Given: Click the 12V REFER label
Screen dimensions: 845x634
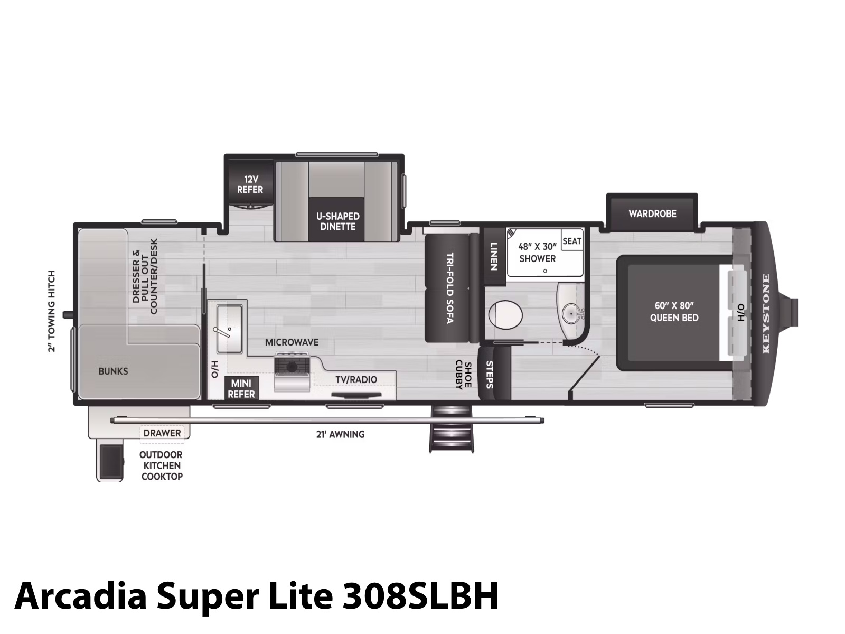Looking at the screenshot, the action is [250, 184].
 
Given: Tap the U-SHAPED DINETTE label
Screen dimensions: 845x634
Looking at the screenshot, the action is [337, 221].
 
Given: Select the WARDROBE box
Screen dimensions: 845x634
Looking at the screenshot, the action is [652, 213].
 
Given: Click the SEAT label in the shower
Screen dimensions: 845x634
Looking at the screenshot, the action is [571, 241].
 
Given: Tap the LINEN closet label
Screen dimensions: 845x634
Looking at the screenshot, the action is [494, 256].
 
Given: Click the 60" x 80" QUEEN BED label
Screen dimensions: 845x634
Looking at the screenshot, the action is [674, 311].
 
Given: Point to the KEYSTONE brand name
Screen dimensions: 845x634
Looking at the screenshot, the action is [766, 313].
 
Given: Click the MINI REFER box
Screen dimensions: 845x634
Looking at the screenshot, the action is [241, 388].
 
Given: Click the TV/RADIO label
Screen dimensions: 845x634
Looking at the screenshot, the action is [356, 379].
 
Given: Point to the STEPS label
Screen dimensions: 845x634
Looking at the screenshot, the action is [489, 375].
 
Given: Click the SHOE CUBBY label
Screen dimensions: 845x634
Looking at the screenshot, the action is [463, 375].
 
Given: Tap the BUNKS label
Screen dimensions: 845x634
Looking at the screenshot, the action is [113, 371].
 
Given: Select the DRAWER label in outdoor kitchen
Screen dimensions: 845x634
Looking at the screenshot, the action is [162, 433].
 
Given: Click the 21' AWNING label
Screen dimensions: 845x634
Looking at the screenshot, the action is [340, 434].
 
